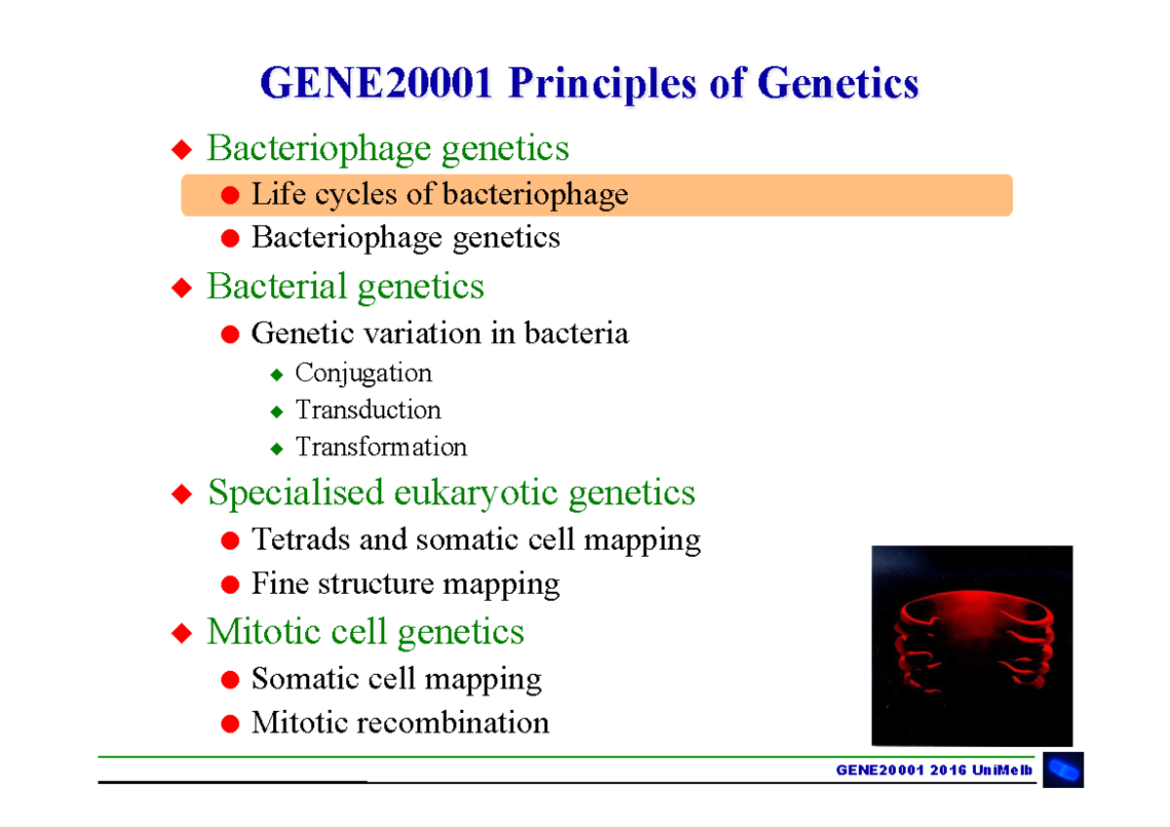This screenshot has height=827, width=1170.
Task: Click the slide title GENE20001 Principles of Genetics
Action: [x=589, y=84]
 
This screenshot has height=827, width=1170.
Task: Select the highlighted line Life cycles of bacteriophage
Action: [x=439, y=195]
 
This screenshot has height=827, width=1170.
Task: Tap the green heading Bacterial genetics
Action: [x=345, y=287]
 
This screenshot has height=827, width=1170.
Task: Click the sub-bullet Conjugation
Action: [x=363, y=374]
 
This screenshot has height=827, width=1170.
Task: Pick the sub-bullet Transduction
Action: [x=368, y=411]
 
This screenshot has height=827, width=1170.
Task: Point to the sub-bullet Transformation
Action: [x=380, y=448]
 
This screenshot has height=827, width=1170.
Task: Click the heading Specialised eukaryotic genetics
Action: [x=450, y=492]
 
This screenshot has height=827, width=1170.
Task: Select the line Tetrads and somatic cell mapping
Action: [x=476, y=539]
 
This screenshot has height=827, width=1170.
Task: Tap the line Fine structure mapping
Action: [x=405, y=584]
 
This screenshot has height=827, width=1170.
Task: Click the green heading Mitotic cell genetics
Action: [x=365, y=632]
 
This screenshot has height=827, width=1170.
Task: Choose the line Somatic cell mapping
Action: [x=396, y=679]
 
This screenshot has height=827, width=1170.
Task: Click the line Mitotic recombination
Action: [x=400, y=723]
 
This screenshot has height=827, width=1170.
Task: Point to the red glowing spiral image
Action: [x=971, y=646]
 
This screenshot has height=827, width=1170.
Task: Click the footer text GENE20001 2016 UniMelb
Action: [x=934, y=770]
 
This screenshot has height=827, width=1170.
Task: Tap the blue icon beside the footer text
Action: [x=1063, y=770]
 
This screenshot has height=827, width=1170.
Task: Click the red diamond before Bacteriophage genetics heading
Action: [x=180, y=149]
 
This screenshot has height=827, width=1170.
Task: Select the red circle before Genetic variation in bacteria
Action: [x=230, y=335]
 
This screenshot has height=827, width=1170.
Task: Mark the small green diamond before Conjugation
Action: [x=277, y=374]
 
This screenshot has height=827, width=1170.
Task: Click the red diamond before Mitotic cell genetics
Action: [x=180, y=633]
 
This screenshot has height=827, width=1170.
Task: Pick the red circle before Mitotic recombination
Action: [x=230, y=724]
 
